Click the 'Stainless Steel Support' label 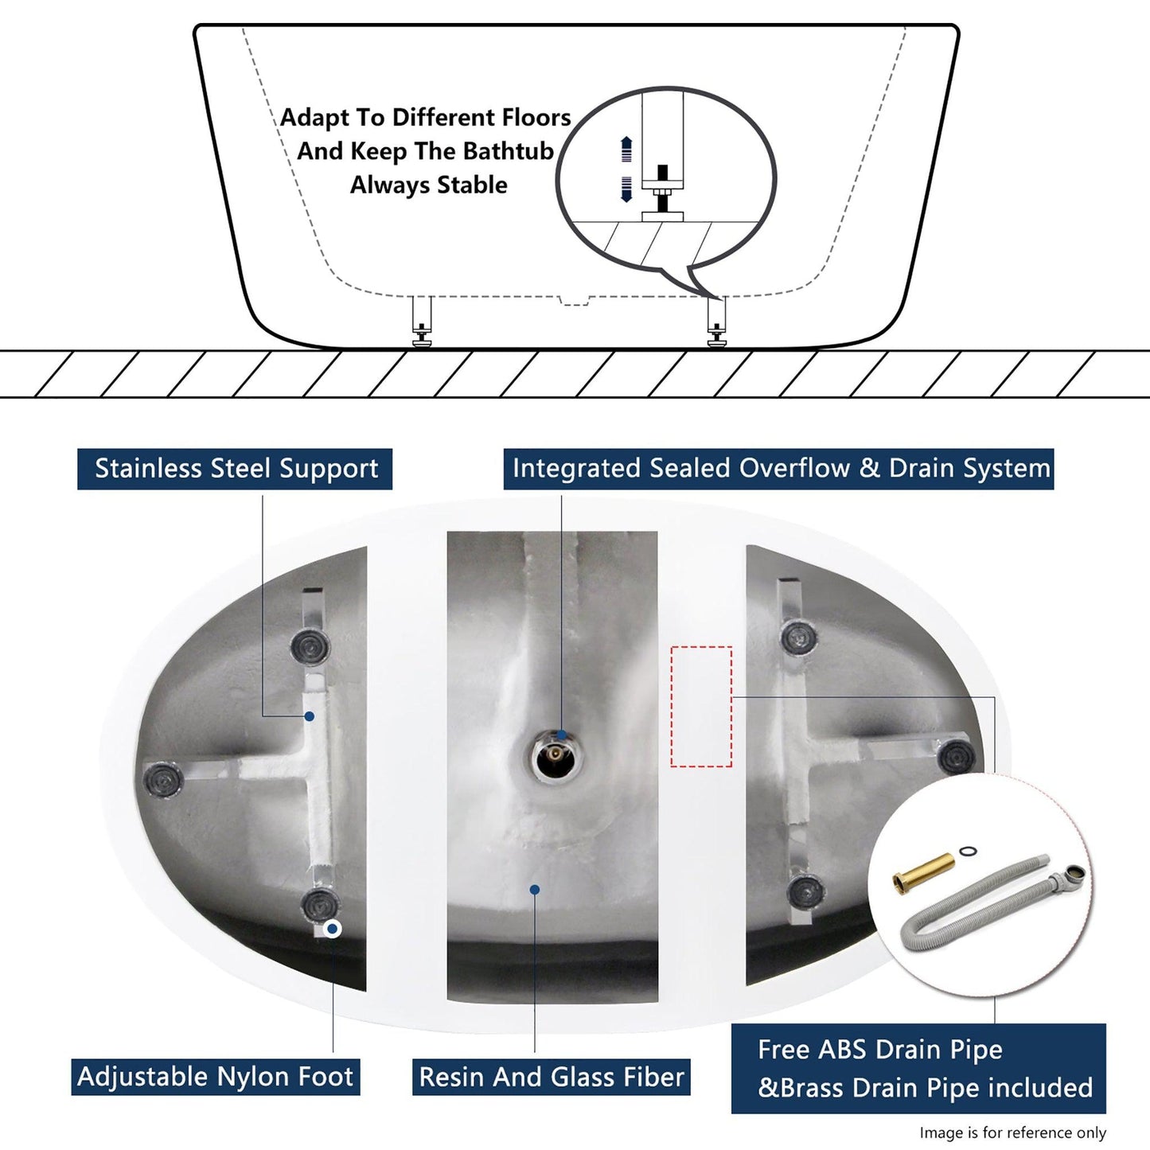pos(235,469)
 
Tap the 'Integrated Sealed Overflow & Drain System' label pos(779,469)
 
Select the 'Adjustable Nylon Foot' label pos(216,1078)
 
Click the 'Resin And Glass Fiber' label pos(552,1078)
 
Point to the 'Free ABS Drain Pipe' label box pos(918,1069)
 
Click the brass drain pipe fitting pos(922,870)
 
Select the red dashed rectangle pos(701,707)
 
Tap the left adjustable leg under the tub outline pos(422,321)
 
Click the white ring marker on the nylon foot pos(332,929)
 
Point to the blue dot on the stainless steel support pos(309,716)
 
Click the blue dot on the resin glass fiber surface pos(535,890)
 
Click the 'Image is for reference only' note pos(1013,1132)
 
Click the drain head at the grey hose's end pos(1068,877)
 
